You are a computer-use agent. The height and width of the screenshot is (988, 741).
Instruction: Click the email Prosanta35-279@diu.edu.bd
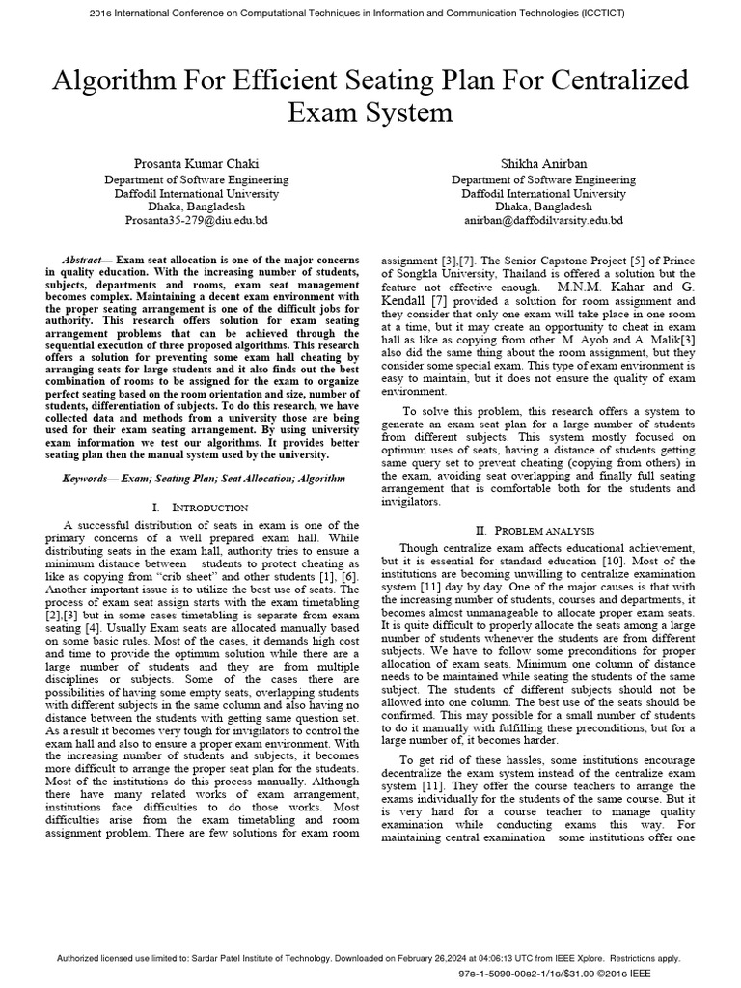click(196, 220)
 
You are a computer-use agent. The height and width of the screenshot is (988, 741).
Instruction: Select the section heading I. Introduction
click(200, 507)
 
